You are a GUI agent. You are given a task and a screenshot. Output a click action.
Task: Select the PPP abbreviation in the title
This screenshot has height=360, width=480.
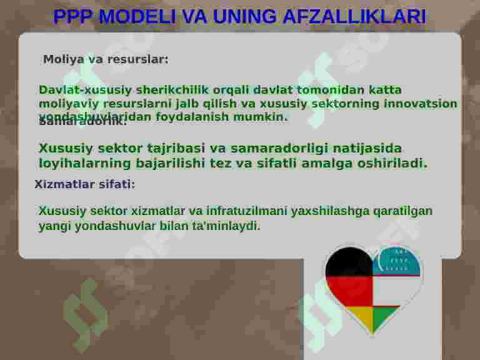pyautogui.click(x=73, y=17)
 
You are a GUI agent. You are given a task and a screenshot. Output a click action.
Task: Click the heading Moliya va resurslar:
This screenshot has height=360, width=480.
pyautogui.click(x=106, y=60)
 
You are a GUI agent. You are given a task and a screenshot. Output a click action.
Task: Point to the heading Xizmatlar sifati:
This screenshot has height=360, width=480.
pyautogui.click(x=84, y=184)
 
